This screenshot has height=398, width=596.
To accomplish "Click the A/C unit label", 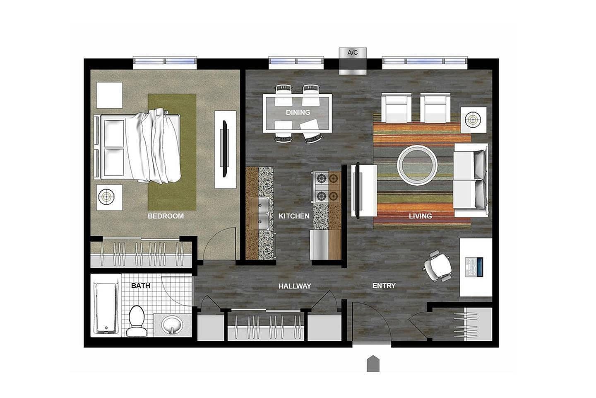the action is click(x=353, y=53).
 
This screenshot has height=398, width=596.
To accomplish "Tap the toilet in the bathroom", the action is click(x=137, y=321).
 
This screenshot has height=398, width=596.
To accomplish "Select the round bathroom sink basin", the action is click(x=172, y=325).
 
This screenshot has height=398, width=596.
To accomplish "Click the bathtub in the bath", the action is click(x=106, y=308).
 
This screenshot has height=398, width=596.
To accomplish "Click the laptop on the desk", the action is click(x=474, y=267).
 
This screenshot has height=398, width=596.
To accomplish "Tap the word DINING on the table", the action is click(x=298, y=112).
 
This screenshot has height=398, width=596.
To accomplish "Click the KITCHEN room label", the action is click(x=294, y=216).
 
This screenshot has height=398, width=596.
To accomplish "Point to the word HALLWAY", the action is click(x=295, y=286).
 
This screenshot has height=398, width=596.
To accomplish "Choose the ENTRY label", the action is click(x=384, y=286).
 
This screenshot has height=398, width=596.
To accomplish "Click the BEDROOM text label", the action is click(x=166, y=216).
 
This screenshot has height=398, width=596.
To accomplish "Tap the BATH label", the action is click(x=141, y=286).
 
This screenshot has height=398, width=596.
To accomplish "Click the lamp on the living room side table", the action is click(x=473, y=120).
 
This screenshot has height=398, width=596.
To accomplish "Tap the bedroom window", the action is click(x=165, y=62).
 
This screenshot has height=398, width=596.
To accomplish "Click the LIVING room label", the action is click(x=421, y=216).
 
